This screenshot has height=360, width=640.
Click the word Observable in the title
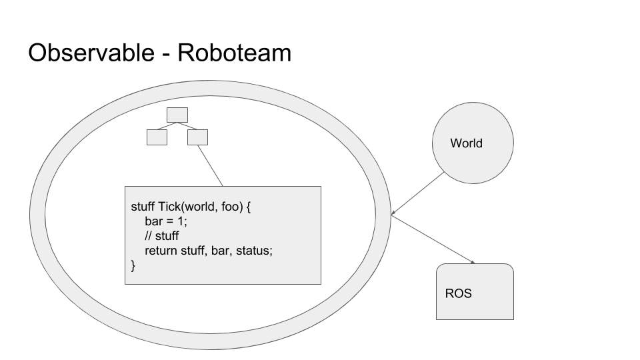click(x=91, y=53)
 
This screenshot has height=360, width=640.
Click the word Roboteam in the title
click(x=234, y=53)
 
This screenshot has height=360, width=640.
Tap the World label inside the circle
click(x=466, y=143)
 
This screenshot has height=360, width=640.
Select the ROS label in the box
click(x=459, y=293)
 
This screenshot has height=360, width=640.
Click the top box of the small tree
click(x=177, y=115)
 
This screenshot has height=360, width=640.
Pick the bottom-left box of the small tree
click(x=157, y=137)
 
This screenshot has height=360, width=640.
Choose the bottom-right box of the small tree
click(x=197, y=137)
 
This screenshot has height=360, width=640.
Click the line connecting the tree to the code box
click(x=210, y=166)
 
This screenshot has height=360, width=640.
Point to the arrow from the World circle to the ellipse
click(x=418, y=193)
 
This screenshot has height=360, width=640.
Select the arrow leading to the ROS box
click(x=433, y=239)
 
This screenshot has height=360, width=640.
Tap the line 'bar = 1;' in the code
click(x=166, y=221)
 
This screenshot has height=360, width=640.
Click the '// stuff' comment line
click(x=161, y=236)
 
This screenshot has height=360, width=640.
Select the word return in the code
click(x=161, y=251)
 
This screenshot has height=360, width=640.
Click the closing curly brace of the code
click(x=133, y=266)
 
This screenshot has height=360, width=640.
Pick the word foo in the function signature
click(x=232, y=207)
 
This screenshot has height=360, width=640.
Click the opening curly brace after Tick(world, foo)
click(x=249, y=207)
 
